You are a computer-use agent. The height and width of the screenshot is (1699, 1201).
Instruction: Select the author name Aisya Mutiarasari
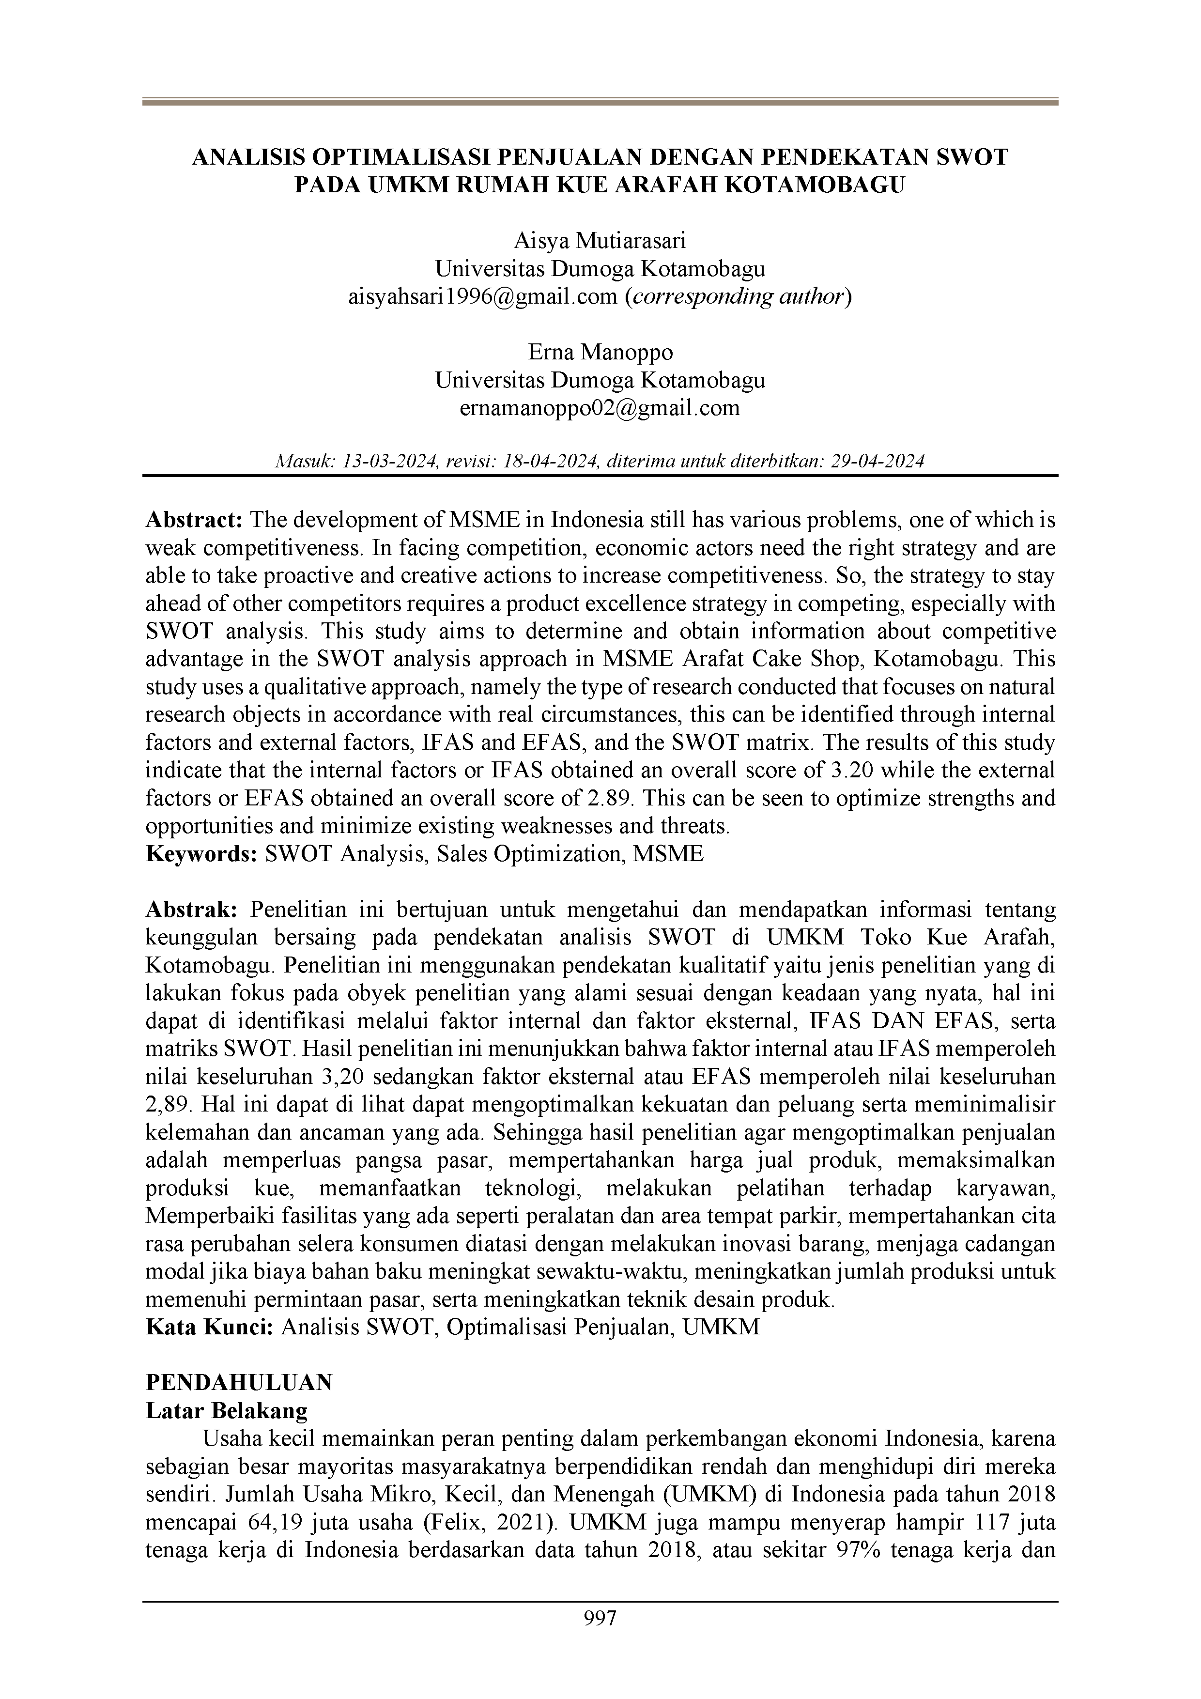600,241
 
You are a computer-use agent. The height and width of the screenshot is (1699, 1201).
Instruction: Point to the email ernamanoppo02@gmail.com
600,408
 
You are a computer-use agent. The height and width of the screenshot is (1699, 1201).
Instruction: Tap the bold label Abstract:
195,520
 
